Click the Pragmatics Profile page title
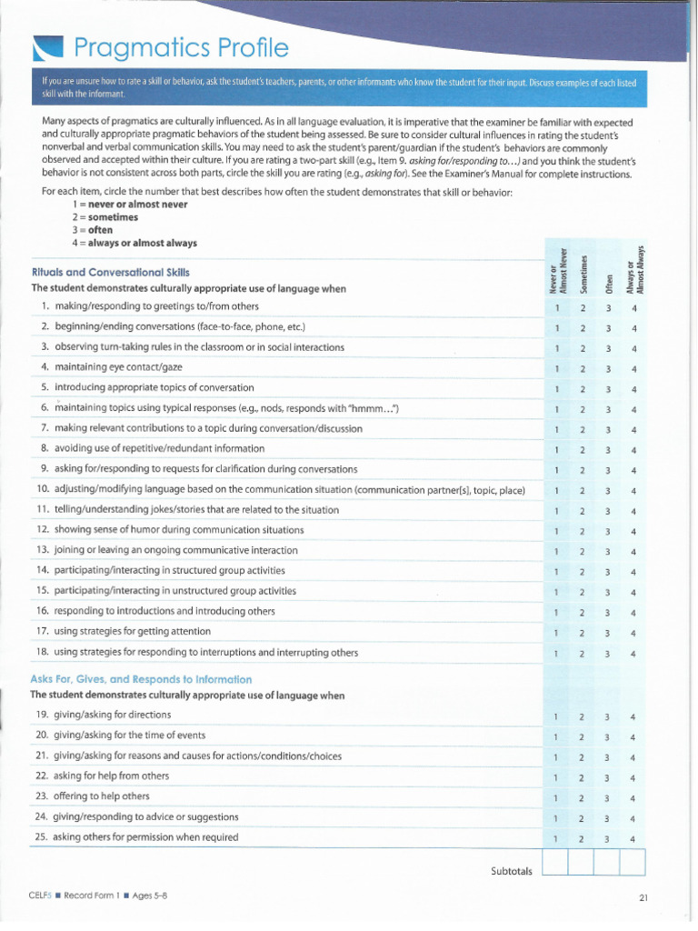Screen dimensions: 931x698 click(x=181, y=47)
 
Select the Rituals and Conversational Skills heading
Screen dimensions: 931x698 click(x=110, y=272)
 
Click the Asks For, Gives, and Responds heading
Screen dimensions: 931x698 click(x=141, y=679)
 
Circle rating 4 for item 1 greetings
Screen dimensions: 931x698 click(x=633, y=307)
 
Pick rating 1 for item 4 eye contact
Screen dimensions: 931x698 click(x=556, y=369)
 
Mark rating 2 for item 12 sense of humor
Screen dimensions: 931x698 click(x=583, y=532)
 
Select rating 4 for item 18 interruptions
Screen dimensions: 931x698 click(x=633, y=654)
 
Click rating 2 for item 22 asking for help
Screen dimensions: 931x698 click(x=583, y=777)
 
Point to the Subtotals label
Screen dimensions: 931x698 click(x=510, y=871)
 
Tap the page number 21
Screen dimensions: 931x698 click(x=643, y=897)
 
